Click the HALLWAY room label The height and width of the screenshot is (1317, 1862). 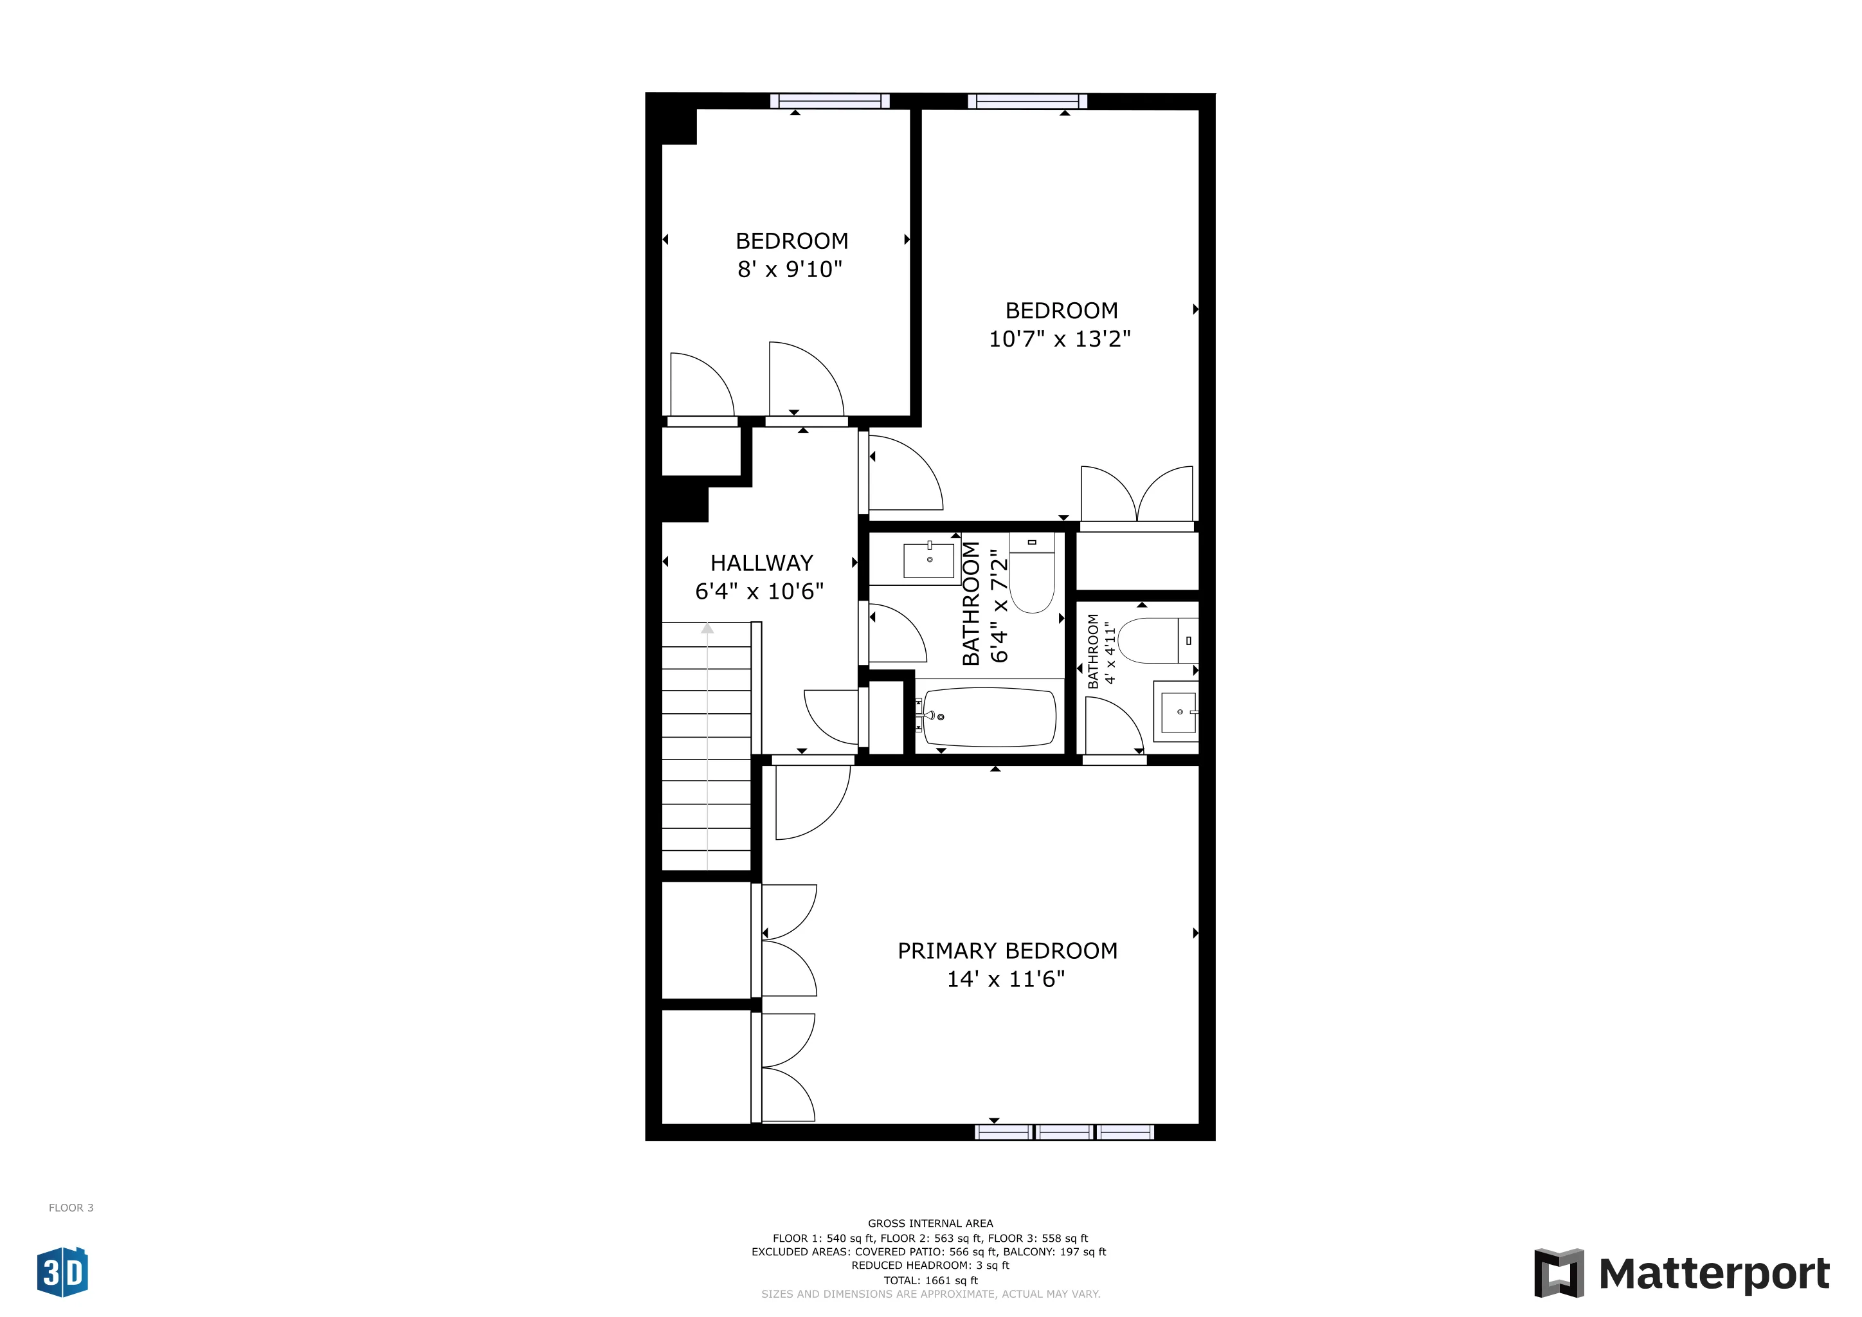coord(761,563)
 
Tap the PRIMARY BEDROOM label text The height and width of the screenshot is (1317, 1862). coord(1006,950)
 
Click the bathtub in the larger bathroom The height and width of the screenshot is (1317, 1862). coord(989,717)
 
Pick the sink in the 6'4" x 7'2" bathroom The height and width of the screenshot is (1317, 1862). coord(928,560)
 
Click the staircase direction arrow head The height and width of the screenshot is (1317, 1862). coord(707,628)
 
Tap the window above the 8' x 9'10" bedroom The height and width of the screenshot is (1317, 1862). coord(829,100)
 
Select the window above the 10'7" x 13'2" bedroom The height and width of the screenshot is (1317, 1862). coord(1027,100)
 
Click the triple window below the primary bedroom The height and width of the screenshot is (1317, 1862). coord(1064,1132)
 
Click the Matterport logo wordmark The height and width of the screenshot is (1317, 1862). coord(1713,1274)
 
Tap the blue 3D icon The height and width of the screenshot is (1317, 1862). coord(62,1273)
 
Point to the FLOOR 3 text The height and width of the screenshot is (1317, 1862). coord(71,1208)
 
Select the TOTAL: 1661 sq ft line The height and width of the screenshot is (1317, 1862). coord(930,1280)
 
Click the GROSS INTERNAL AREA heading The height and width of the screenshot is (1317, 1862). coord(930,1223)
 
